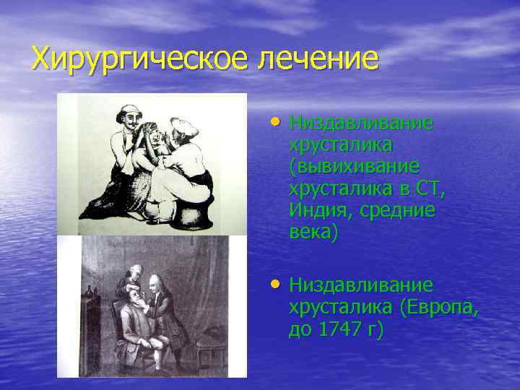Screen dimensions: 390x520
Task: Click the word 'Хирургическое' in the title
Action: coord(134,58)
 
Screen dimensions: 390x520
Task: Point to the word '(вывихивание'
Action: coord(353,167)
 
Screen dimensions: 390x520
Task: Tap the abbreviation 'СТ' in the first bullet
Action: coord(430,188)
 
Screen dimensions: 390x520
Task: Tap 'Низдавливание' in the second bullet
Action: coord(361,285)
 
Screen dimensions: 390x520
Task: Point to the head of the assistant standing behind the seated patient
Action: coord(132,275)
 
